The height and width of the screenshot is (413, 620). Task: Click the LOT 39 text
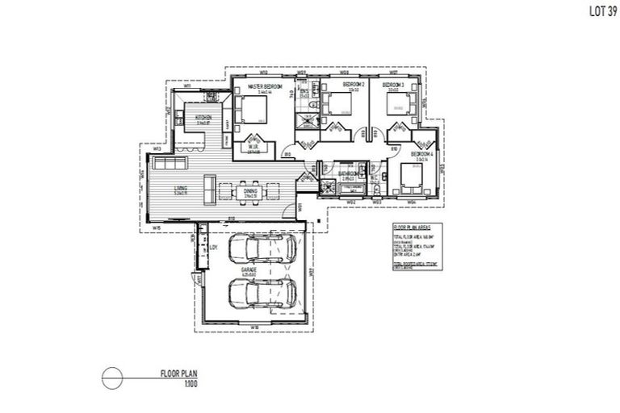point(599,11)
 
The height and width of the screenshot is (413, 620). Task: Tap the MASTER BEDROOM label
point(263,85)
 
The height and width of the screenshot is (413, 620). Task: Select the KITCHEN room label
point(203,118)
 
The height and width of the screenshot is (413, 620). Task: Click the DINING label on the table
point(249,190)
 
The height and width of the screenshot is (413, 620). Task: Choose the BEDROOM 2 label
point(354,85)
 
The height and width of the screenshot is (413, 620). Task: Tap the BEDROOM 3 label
point(393,85)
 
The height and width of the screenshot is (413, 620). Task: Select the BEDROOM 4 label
point(421,153)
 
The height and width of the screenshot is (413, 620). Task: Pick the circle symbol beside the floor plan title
point(112,377)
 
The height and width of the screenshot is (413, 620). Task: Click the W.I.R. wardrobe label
point(252,148)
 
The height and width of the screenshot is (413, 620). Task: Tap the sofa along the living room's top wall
point(170,165)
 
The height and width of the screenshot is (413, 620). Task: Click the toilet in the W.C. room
point(376,188)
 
